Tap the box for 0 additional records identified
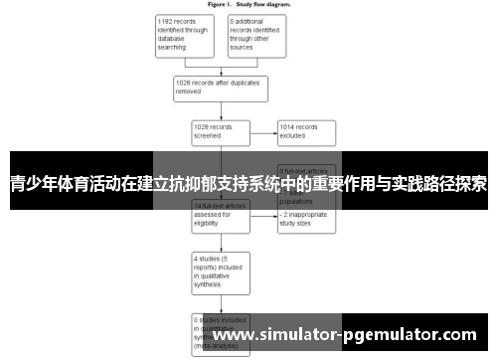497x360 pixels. pos(255,36)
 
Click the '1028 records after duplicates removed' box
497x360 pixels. pos(221,87)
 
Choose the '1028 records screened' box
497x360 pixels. pos(221,131)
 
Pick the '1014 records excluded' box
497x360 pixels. pos(307,131)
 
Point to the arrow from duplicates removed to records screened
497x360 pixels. pos(221,110)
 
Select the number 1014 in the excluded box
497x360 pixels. pos(291,127)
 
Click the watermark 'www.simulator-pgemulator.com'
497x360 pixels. pos(352,335)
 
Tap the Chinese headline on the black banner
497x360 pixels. pos(248,184)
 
